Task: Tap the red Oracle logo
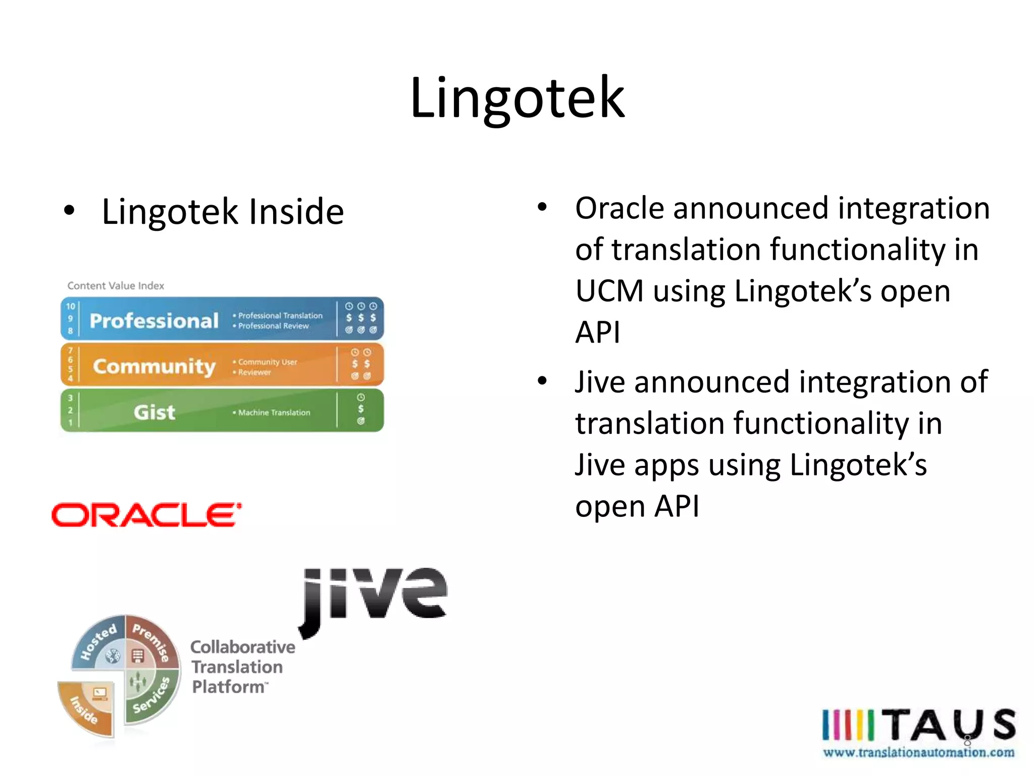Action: click(146, 515)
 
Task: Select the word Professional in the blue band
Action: click(154, 321)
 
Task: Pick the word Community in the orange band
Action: click(154, 366)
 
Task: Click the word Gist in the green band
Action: click(154, 412)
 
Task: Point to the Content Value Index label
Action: click(116, 285)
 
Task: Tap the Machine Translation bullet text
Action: click(274, 413)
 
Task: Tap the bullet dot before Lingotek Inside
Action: click(69, 210)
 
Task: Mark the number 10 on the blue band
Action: click(70, 306)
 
